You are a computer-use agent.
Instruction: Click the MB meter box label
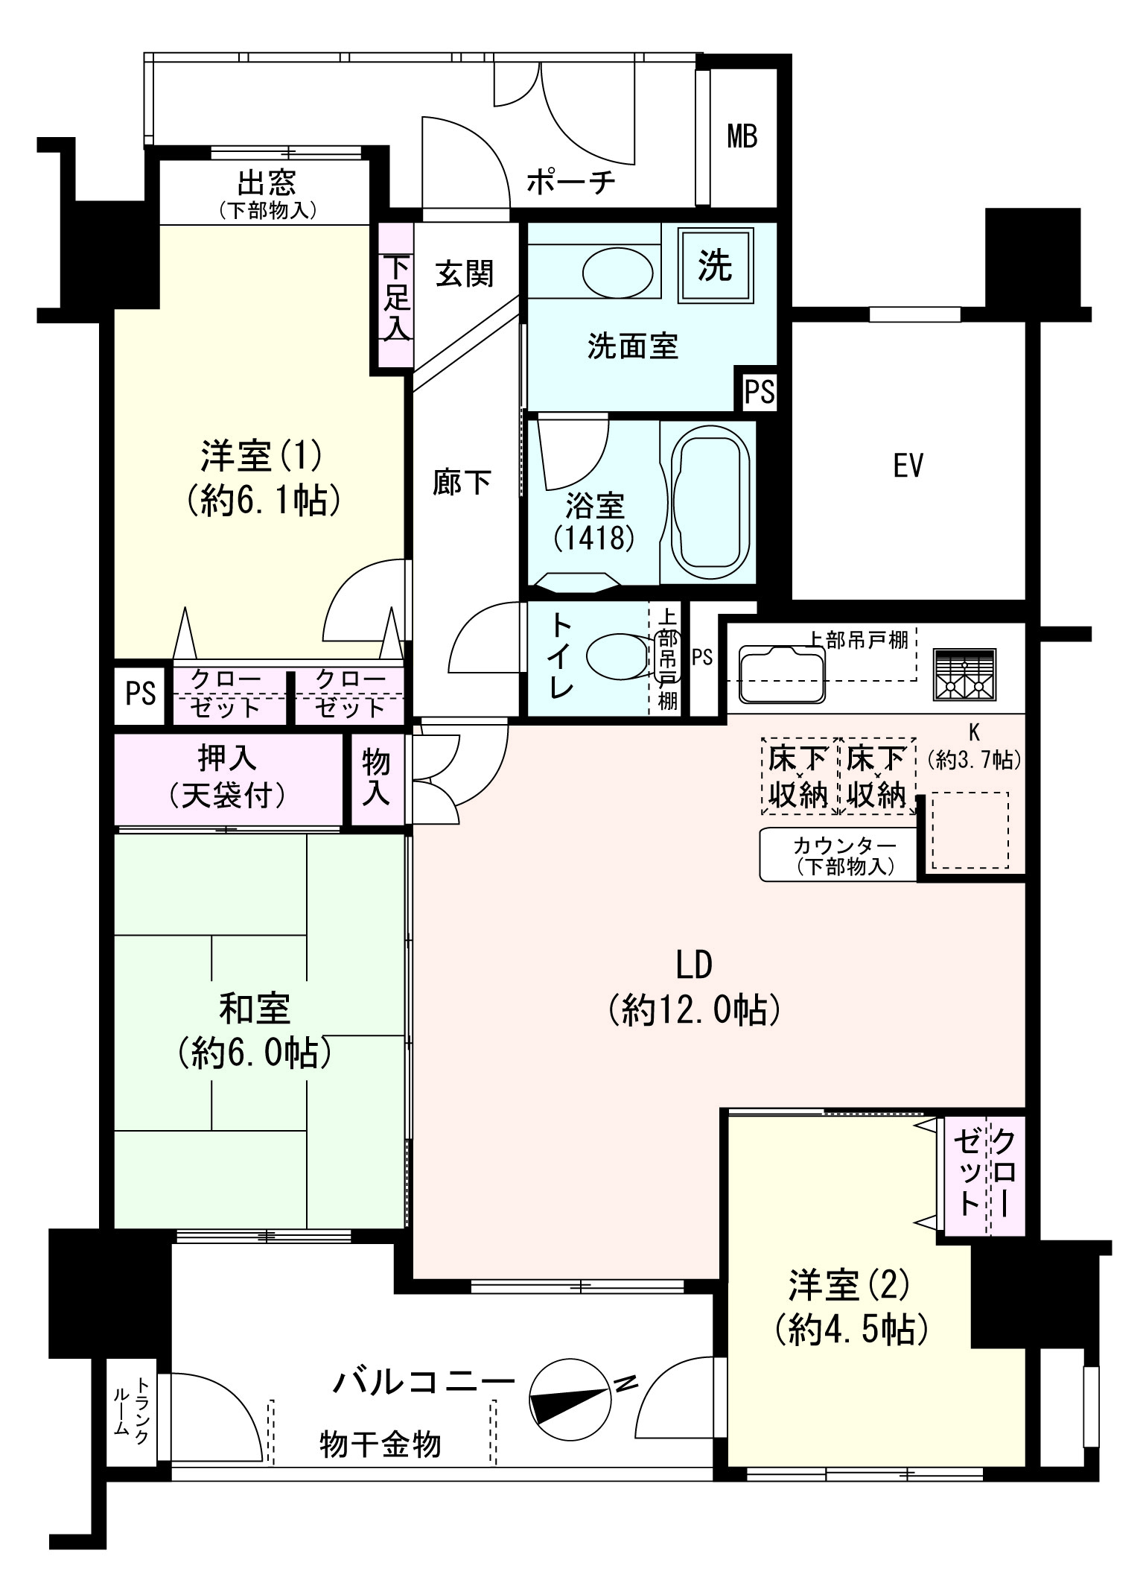click(x=742, y=137)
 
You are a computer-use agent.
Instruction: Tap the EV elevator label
click(x=908, y=466)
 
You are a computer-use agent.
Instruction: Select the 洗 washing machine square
click(x=715, y=266)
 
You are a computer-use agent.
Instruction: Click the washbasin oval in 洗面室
click(x=617, y=272)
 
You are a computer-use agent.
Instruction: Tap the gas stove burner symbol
click(x=964, y=675)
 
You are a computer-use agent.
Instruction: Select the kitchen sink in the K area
click(x=782, y=674)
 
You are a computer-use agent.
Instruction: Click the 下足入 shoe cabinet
click(x=396, y=296)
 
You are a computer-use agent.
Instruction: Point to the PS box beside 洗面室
click(x=760, y=390)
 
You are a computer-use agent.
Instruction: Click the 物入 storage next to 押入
click(x=378, y=778)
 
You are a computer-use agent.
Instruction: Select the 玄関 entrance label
click(x=465, y=273)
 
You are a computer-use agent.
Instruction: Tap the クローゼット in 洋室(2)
click(x=984, y=1175)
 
